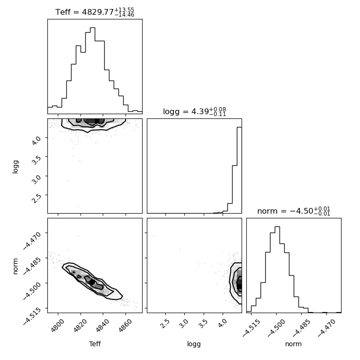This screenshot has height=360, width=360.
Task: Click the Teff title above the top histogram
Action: point(95,12)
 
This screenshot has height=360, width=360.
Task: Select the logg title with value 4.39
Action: point(195,112)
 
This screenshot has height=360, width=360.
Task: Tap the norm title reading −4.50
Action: point(294,211)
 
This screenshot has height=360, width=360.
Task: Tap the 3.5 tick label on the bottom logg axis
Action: point(203,324)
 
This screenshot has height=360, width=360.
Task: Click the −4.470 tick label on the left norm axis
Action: point(32,240)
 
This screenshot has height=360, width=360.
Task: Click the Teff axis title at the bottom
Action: point(95,344)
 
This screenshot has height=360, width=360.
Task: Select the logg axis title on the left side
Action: point(15,167)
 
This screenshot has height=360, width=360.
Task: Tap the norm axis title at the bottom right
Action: point(293,344)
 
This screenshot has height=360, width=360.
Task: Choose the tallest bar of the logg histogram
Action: point(239,170)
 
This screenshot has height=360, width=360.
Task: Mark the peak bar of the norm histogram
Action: point(278,270)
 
